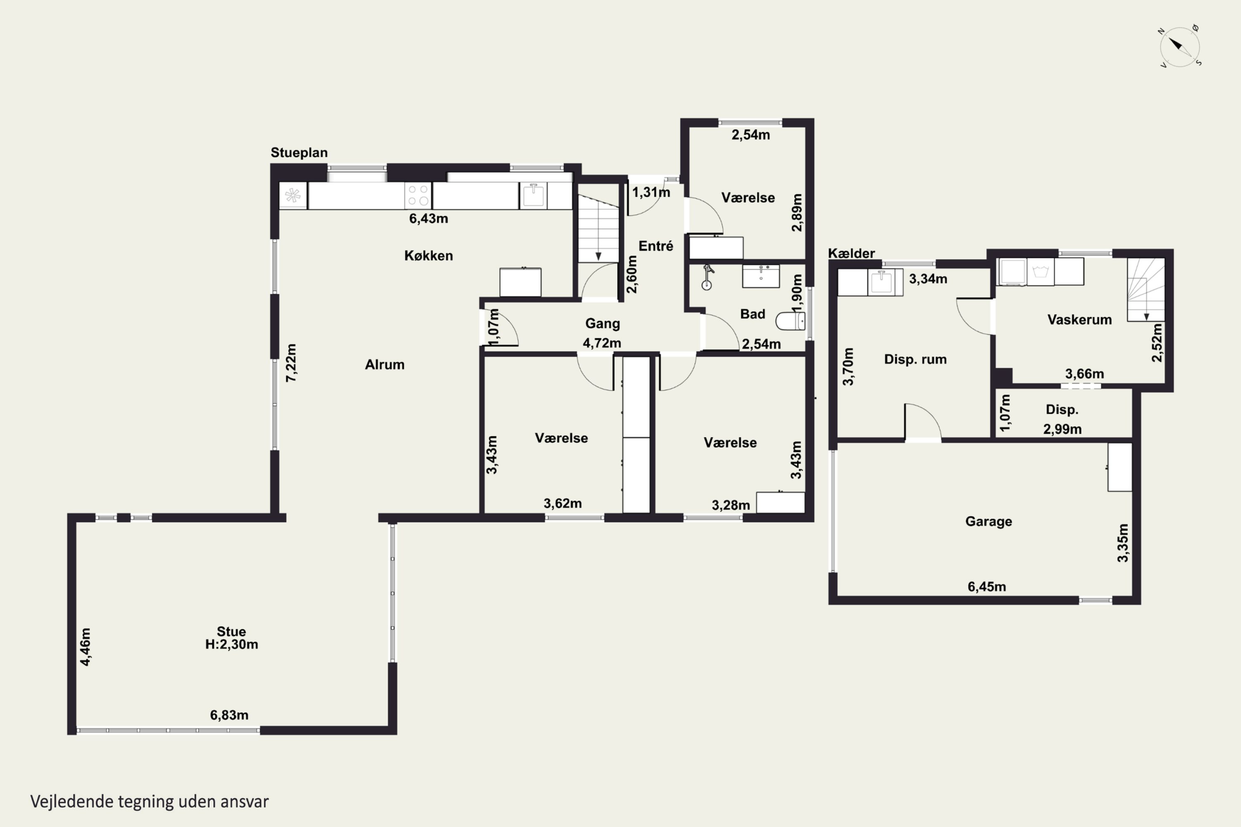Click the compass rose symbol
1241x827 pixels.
click(1180, 47)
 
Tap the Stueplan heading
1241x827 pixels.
click(299, 153)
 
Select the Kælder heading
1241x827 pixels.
click(851, 253)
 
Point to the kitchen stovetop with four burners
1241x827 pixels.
click(418, 196)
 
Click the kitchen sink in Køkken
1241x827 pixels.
click(533, 196)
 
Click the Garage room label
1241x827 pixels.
click(989, 521)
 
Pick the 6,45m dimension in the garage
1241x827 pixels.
click(987, 586)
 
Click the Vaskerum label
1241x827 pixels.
click(1080, 320)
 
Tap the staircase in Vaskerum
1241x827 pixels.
click(1146, 289)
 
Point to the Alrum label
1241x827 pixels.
click(385, 364)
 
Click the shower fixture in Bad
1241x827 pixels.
click(707, 277)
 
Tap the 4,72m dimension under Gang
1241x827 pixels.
click(602, 343)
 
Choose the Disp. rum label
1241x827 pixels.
click(915, 359)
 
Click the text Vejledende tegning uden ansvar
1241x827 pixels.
click(149, 802)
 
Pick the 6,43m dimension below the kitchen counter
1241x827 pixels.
click(429, 218)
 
